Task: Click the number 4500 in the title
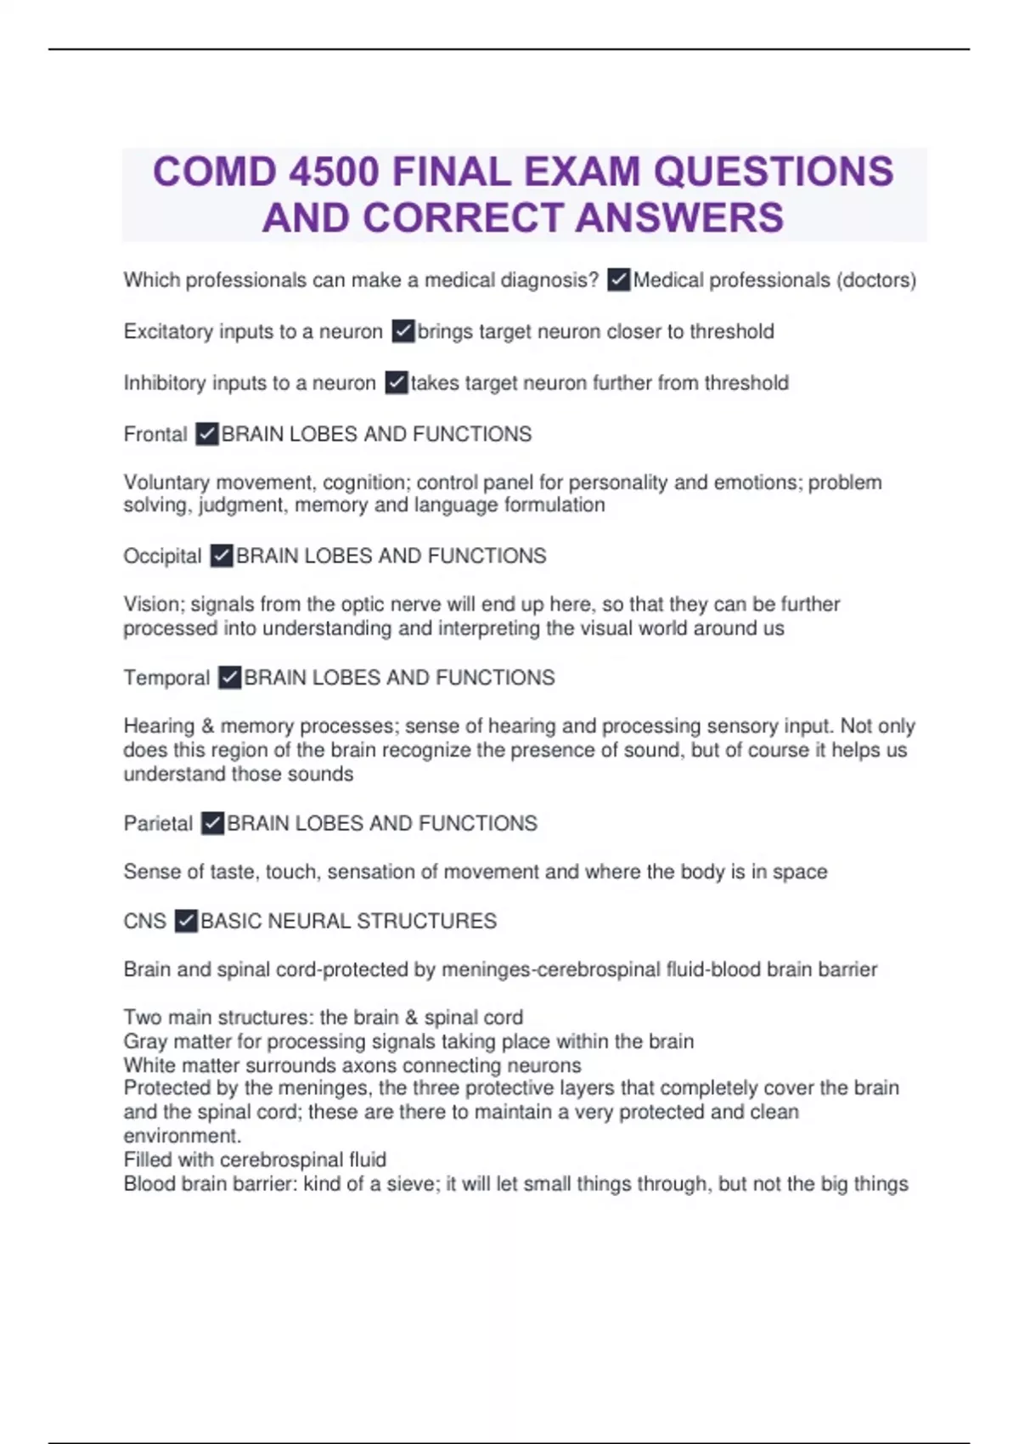pyautogui.click(x=334, y=172)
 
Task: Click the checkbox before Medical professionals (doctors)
pyautogui.click(x=619, y=279)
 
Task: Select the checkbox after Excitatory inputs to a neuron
pyautogui.click(x=403, y=331)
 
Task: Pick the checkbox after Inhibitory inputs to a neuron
pyautogui.click(x=397, y=383)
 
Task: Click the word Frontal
pyautogui.click(x=155, y=434)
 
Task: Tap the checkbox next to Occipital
pyautogui.click(x=222, y=556)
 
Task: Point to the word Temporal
pyautogui.click(x=166, y=678)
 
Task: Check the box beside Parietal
pyautogui.click(x=213, y=823)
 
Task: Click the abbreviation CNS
pyautogui.click(x=144, y=921)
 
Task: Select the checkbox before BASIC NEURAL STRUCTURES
pyautogui.click(x=186, y=921)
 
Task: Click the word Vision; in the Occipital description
pyautogui.click(x=154, y=604)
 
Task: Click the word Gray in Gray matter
pyautogui.click(x=145, y=1041)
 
